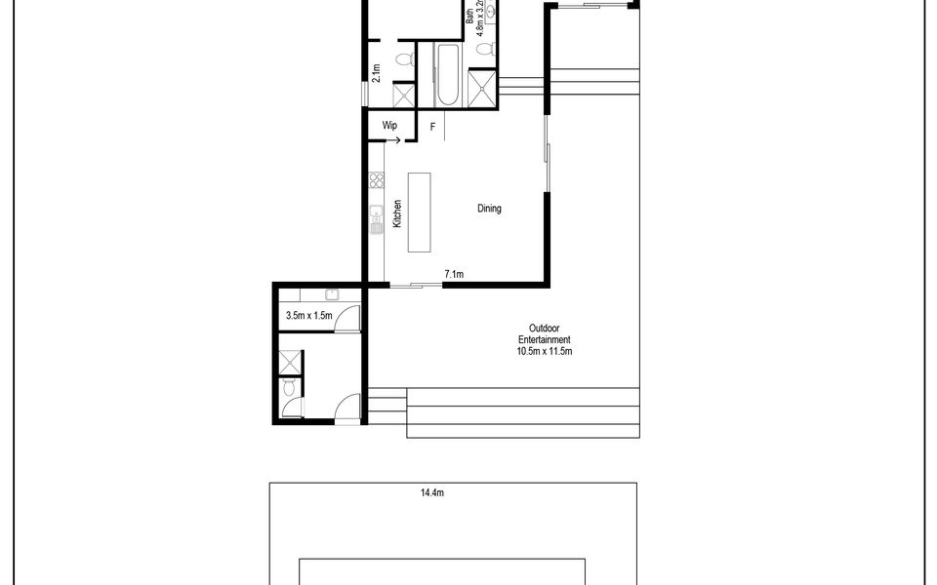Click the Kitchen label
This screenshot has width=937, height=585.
(x=397, y=214)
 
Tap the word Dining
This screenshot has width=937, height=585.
(x=489, y=209)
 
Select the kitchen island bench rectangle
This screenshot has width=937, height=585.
(x=419, y=213)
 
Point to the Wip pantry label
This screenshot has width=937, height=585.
(x=389, y=126)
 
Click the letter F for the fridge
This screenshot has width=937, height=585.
(x=432, y=127)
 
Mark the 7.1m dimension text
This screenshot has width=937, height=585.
(x=453, y=275)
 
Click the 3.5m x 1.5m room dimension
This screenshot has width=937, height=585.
(x=309, y=316)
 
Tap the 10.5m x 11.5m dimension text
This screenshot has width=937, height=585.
(x=544, y=351)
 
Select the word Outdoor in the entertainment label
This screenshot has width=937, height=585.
(x=544, y=329)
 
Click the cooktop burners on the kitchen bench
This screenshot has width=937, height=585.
(x=376, y=180)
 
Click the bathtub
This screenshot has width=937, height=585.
(x=448, y=75)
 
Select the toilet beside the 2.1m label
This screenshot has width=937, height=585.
(x=403, y=60)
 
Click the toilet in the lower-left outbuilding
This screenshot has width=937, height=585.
(x=288, y=389)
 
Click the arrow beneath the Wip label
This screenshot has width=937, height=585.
(x=394, y=138)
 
